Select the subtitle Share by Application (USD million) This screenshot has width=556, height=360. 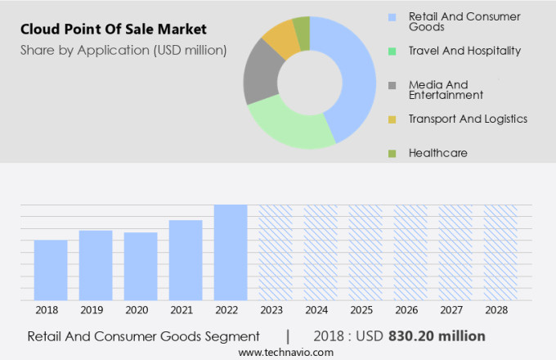pyautogui.click(x=123, y=51)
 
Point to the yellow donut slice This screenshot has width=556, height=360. pyautogui.click(x=280, y=37)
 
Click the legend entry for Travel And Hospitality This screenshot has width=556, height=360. pyautogui.click(x=464, y=51)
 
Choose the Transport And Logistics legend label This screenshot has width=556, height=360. pyautogui.click(x=468, y=119)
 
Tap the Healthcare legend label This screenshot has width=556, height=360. pyautogui.click(x=438, y=153)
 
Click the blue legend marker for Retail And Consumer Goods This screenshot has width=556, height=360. pyautogui.click(x=392, y=16)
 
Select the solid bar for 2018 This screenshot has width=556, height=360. pyautogui.click(x=51, y=270)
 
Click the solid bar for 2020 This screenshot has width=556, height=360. pyautogui.click(x=141, y=266)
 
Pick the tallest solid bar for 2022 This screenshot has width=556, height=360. pyautogui.click(x=231, y=252)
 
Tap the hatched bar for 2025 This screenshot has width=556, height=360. pyautogui.click(x=365, y=252)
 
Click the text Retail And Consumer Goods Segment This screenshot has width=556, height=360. pyautogui.click(x=144, y=336)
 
